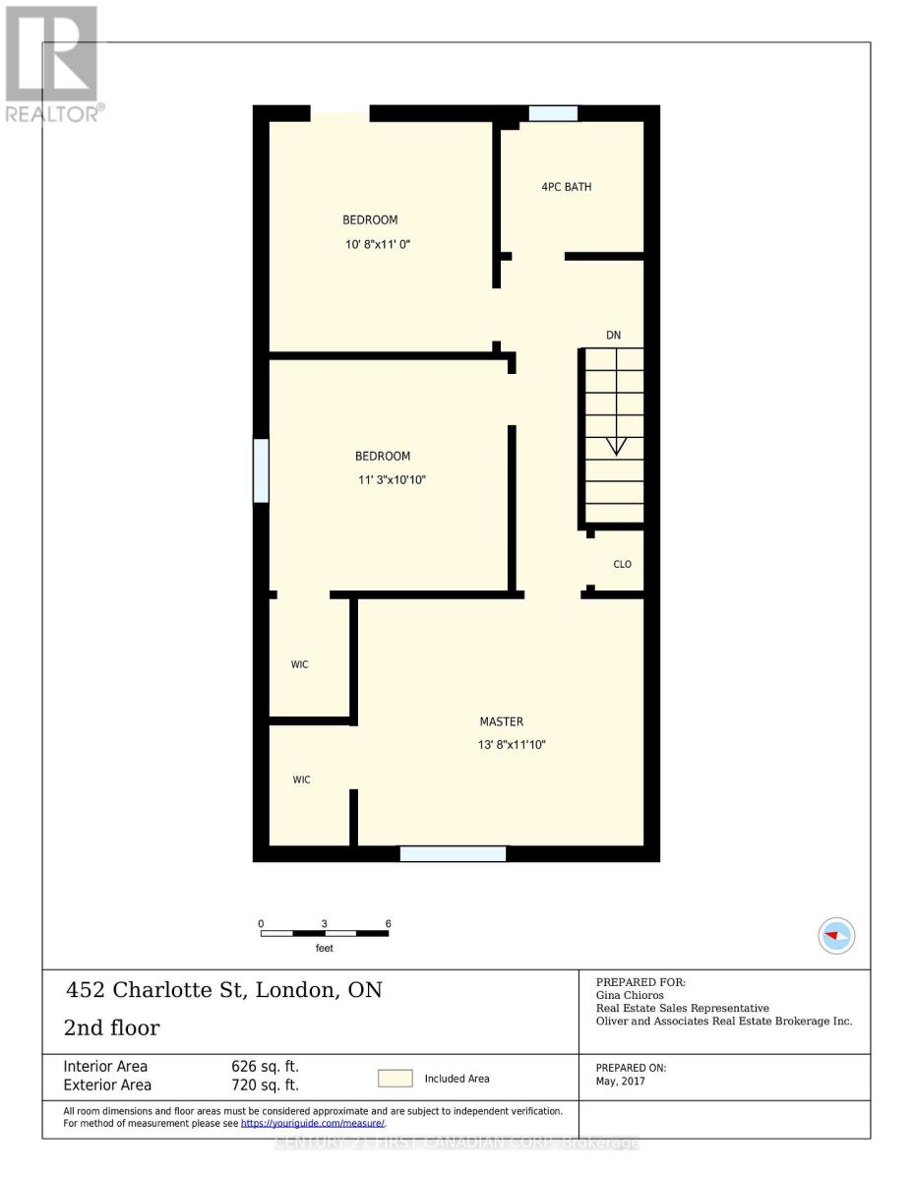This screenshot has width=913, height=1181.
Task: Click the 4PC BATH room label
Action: (x=566, y=187)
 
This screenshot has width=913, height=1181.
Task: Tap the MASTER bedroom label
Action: (x=501, y=721)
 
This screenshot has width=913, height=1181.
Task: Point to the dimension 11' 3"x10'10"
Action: (x=392, y=480)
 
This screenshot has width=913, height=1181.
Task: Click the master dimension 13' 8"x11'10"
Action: (x=511, y=745)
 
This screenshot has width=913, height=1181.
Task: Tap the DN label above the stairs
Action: (x=613, y=336)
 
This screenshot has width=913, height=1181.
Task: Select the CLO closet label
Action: (x=622, y=564)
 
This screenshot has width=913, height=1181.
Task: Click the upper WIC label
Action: (x=299, y=664)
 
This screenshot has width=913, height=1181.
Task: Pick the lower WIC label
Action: (x=301, y=779)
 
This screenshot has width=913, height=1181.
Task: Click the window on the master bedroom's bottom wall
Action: (x=453, y=853)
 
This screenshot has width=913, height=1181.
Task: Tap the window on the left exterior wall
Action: (x=261, y=470)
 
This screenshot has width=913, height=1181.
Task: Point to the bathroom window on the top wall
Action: (x=553, y=113)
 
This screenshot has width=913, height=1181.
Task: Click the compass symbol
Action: (x=836, y=935)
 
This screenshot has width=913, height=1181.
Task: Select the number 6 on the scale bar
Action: (x=389, y=923)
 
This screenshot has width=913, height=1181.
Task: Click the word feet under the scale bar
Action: (x=324, y=949)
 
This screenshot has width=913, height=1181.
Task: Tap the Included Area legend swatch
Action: (x=396, y=1079)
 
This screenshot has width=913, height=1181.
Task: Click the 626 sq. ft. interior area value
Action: (x=266, y=1067)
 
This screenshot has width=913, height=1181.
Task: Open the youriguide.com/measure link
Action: (x=313, y=1123)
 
